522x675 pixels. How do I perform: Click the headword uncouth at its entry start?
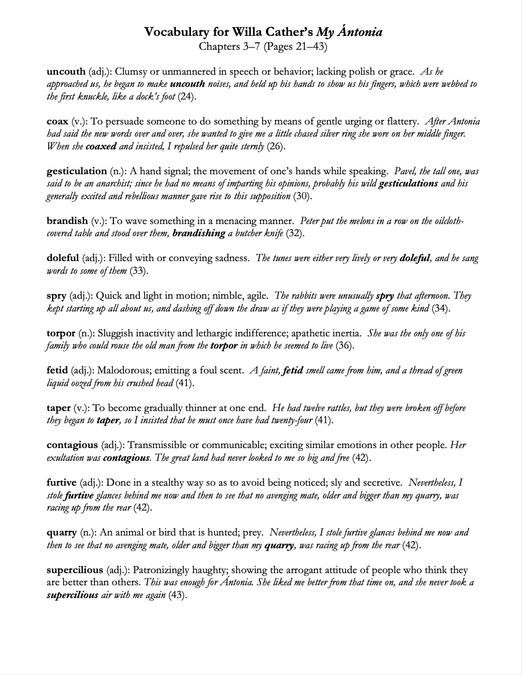(66, 72)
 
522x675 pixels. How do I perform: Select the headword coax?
(57, 122)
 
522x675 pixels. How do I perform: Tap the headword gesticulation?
(76, 171)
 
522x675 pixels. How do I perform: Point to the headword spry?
(56, 296)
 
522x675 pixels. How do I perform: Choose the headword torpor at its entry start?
(61, 333)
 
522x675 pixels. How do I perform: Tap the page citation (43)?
(177, 595)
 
